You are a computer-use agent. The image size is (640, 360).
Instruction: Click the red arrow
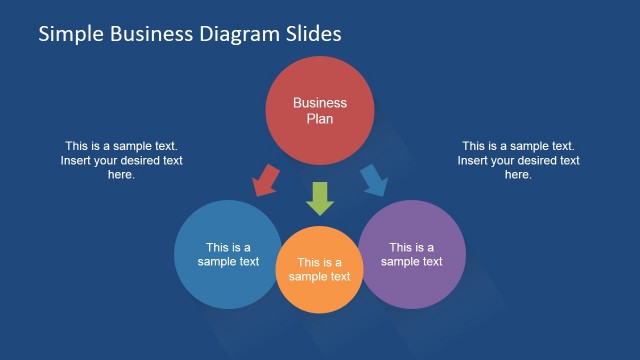[x=267, y=179]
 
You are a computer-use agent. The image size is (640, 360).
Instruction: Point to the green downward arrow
[x=320, y=197]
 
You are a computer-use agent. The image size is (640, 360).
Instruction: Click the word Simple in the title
[x=67, y=34]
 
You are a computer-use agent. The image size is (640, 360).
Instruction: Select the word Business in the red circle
[x=320, y=102]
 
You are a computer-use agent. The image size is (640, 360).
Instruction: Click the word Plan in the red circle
[x=320, y=119]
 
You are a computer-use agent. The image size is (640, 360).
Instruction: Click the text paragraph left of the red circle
[x=121, y=160]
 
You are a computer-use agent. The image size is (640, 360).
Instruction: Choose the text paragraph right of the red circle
[x=518, y=160]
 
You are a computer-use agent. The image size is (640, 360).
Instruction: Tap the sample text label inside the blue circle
[x=228, y=255]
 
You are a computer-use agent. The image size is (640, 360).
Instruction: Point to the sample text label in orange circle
[x=320, y=270]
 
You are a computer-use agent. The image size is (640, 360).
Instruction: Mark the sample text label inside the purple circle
[x=411, y=255]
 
